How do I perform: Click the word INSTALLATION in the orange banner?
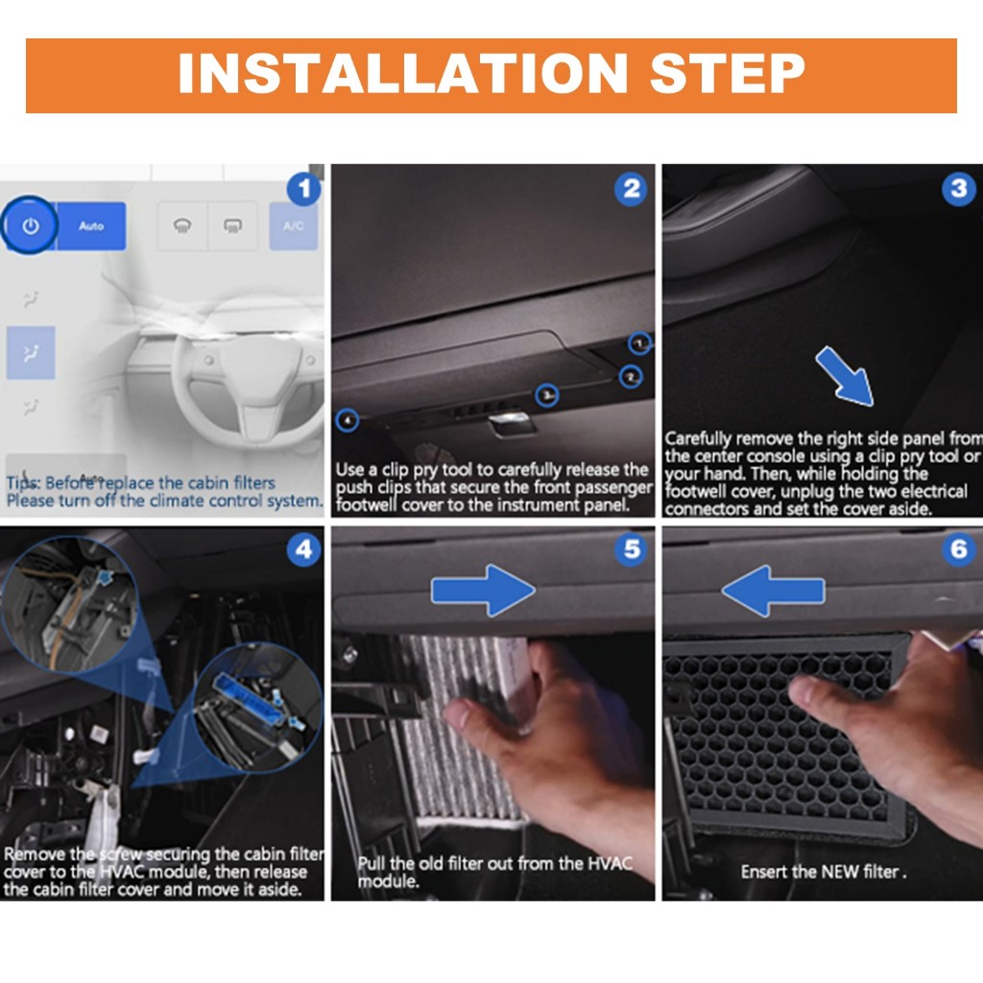tap(403, 73)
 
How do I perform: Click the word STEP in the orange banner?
tap(728, 73)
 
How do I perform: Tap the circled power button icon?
tap(30, 225)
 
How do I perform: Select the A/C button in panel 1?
tap(294, 226)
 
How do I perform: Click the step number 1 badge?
tap(304, 188)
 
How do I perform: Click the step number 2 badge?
tap(632, 188)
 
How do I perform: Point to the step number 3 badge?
tap(959, 188)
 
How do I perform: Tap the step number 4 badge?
tap(304, 550)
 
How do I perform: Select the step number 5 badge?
tap(632, 550)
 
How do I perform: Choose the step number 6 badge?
tap(959, 550)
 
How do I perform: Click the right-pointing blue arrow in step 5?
tap(483, 590)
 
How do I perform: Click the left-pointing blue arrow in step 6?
tap(773, 590)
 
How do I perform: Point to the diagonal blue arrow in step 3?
tap(845, 376)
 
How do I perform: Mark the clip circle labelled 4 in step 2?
tap(348, 420)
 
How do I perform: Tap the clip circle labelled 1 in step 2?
tap(639, 343)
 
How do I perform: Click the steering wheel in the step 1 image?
tap(248, 370)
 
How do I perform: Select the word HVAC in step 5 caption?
tap(610, 863)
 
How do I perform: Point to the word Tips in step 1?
tap(23, 484)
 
